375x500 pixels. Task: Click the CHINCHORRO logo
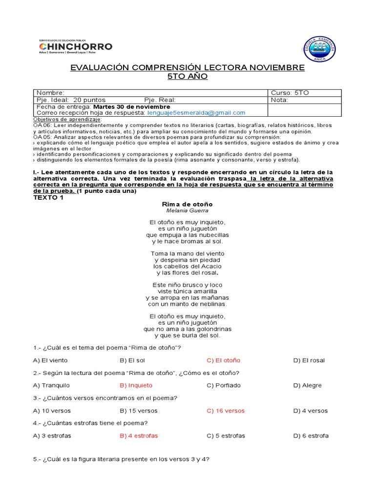[75, 47]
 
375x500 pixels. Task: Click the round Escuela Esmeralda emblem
[319, 49]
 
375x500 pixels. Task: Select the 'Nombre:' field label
[51, 93]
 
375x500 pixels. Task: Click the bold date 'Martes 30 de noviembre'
[132, 106]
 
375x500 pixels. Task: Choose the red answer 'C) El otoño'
[223, 360]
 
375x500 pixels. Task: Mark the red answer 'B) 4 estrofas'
[139, 436]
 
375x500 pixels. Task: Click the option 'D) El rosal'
[309, 360]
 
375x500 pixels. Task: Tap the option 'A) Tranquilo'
[51, 385]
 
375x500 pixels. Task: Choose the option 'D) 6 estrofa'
[311, 436]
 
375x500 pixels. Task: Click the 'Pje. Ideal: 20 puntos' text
[71, 100]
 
